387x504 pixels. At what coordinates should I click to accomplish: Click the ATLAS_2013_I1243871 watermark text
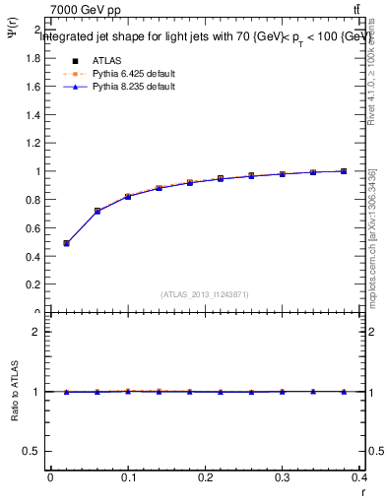205,294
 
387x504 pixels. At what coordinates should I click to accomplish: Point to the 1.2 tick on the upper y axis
34,143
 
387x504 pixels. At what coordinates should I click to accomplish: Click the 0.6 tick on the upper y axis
34,227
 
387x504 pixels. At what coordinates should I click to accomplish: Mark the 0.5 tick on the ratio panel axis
34,451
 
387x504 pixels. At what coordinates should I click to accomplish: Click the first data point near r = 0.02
66,243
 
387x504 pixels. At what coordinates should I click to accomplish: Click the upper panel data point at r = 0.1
128,197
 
